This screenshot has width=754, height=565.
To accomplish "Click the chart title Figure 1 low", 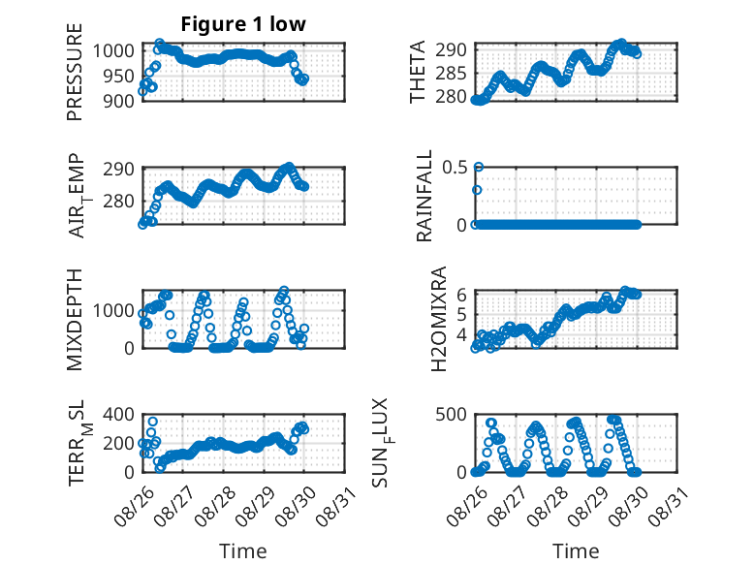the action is tap(243, 24).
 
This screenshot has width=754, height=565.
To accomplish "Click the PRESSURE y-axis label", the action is tap(75, 72).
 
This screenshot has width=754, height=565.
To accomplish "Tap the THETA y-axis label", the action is tap(418, 72).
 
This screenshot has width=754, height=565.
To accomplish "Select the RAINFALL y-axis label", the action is tap(424, 196).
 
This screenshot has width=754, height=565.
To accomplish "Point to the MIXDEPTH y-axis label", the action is tap(75, 319).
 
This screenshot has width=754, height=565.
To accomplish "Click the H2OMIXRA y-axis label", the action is tap(439, 319).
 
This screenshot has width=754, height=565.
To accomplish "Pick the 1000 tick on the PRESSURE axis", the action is tap(113, 50).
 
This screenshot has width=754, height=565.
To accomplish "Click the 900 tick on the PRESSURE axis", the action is tap(119, 101).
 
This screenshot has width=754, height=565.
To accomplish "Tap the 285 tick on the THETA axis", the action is tap(451, 74).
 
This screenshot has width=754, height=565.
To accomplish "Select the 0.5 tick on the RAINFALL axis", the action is tap(455, 168).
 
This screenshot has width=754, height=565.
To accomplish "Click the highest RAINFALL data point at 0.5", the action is tap(479, 168).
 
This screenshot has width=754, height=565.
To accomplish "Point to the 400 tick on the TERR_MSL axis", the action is tap(119, 415).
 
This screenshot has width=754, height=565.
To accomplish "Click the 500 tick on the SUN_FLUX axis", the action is tap(451, 415).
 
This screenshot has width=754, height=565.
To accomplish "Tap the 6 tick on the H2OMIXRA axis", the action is tap(461, 295).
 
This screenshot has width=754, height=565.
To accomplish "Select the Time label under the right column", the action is tap(576, 551).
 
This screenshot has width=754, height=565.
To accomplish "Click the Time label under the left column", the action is tap(243, 551).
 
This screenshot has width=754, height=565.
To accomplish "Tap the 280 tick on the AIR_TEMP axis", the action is tap(119, 201).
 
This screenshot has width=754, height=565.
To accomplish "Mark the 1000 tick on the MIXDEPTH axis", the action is tap(113, 311).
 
